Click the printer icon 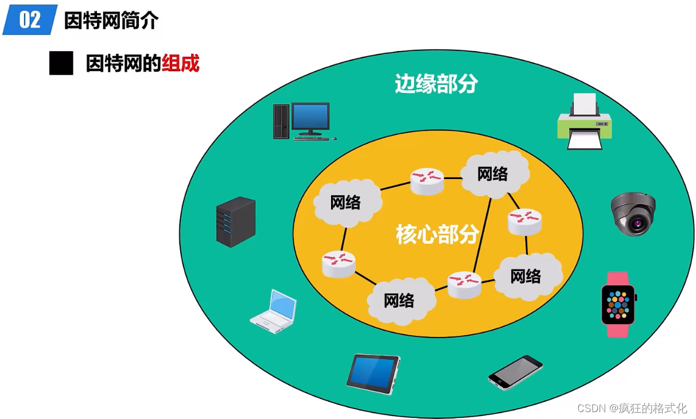pyautogui.click(x=584, y=122)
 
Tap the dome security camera pyautogui.click(x=633, y=214)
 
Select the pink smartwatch pyautogui.click(x=618, y=304)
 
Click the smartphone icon pyautogui.click(x=515, y=373)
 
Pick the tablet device pyautogui.click(x=373, y=374)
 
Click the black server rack pyautogui.click(x=235, y=222)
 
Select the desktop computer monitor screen pyautogui.click(x=310, y=117)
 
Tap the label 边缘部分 pyautogui.click(x=436, y=84)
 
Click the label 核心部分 pyautogui.click(x=437, y=234)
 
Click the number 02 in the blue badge pyautogui.click(x=30, y=20)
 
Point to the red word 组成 pyautogui.click(x=181, y=63)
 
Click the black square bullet pyautogui.click(x=61, y=63)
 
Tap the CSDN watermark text pyautogui.click(x=632, y=408)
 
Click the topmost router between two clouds pyautogui.click(x=427, y=180)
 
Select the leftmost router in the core pyautogui.click(x=339, y=263)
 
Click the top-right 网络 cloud pyautogui.click(x=493, y=173)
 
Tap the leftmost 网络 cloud pyautogui.click(x=346, y=202)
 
